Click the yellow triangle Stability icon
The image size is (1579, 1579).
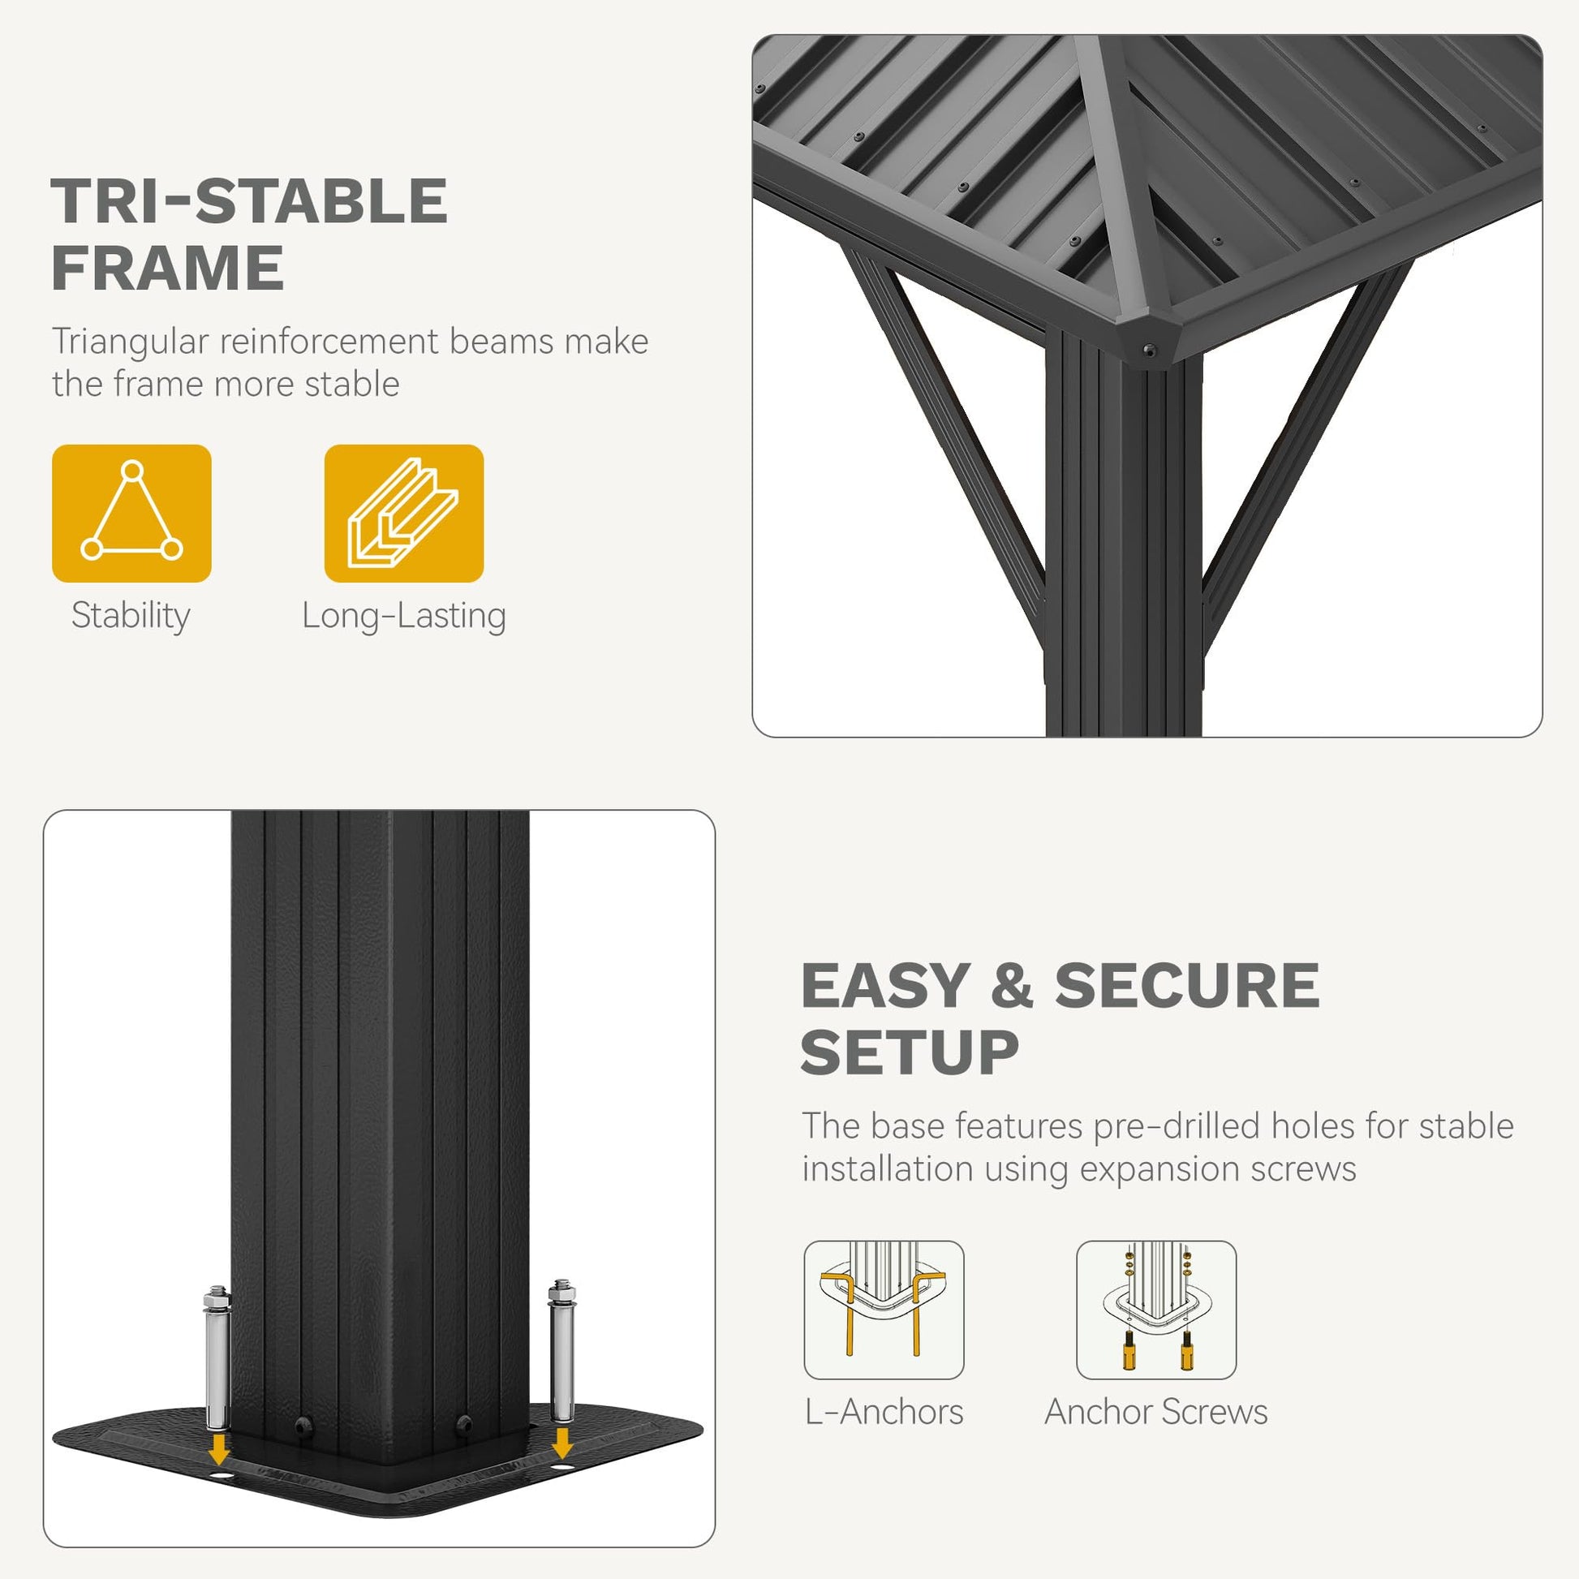(131, 514)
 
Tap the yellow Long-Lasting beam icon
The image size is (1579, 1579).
(404, 514)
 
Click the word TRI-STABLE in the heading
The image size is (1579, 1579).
(249, 201)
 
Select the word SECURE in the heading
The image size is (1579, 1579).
(1187, 985)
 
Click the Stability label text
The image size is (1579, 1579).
(131, 616)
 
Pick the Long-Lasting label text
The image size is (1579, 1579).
(404, 616)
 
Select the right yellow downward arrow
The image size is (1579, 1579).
(561, 1443)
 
